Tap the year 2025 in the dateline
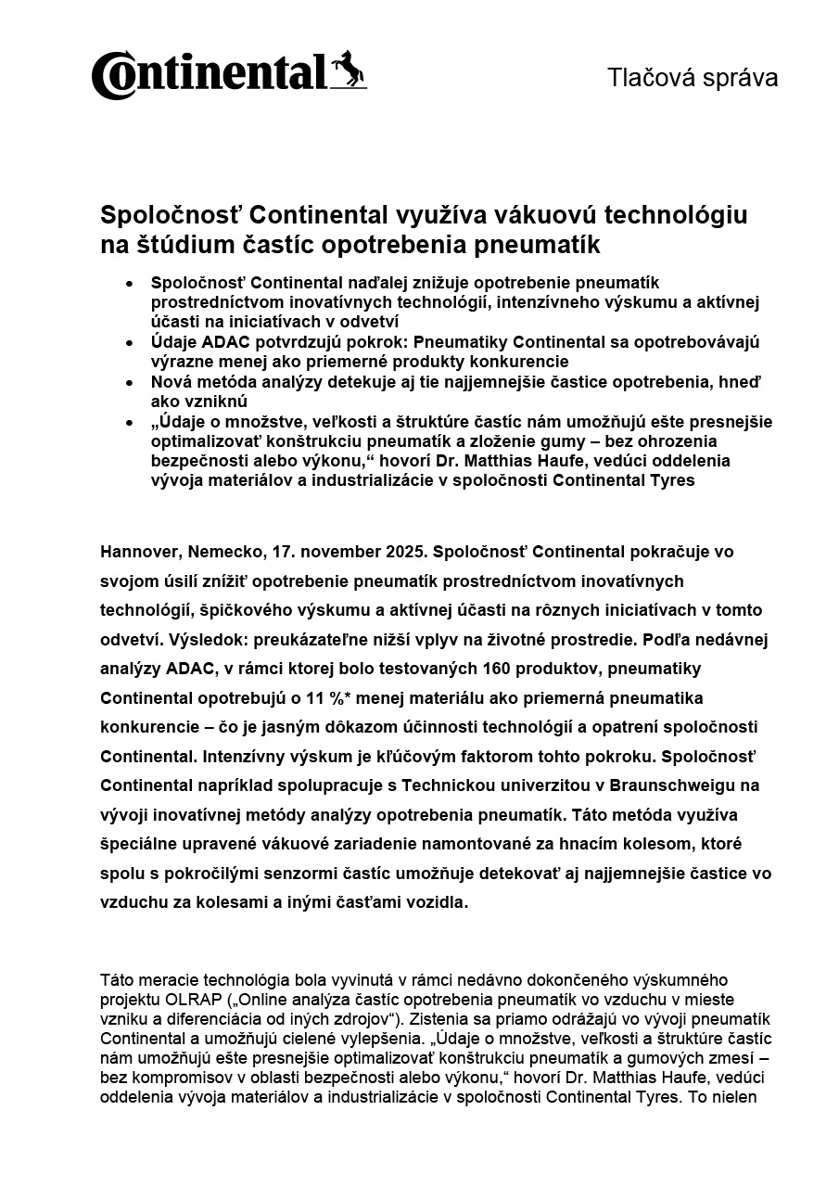tap(401, 552)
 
